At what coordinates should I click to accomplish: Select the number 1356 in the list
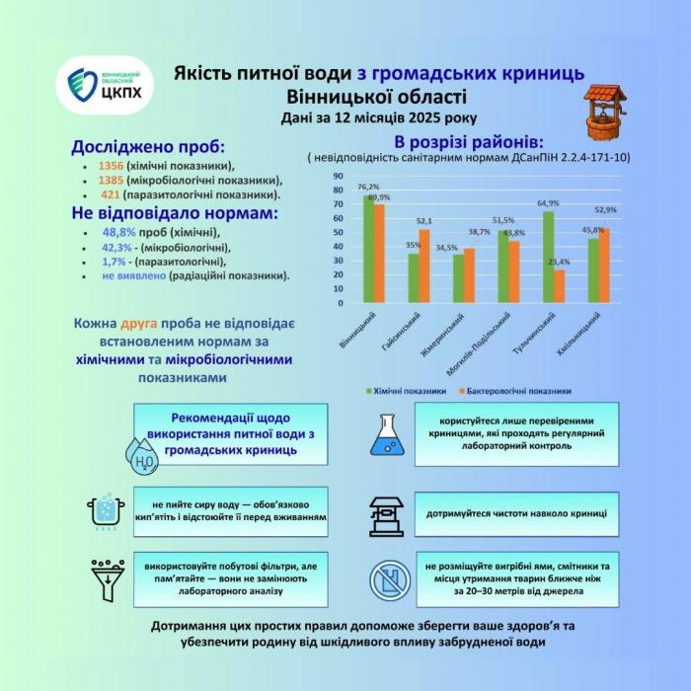click(113, 166)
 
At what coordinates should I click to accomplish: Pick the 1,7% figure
click(112, 262)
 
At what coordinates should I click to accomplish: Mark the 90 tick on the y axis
click(338, 177)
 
